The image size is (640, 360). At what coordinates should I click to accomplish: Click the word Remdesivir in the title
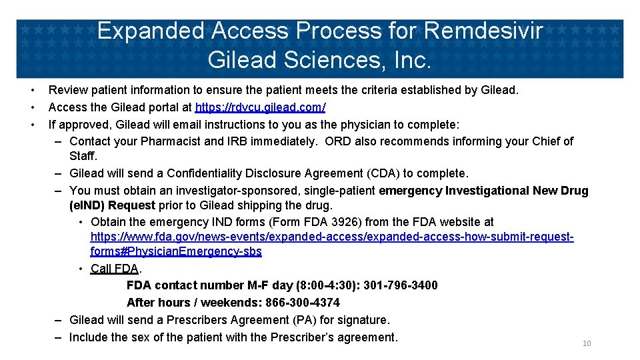(483, 31)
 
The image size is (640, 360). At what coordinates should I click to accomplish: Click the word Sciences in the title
(331, 60)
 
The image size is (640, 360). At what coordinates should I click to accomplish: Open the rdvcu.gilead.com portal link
(260, 107)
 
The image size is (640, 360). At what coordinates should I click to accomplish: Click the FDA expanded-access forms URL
(332, 237)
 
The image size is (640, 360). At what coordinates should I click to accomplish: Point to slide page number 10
(587, 343)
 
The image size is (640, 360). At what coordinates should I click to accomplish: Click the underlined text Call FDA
(115, 269)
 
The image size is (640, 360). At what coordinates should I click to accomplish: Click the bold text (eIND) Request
(112, 205)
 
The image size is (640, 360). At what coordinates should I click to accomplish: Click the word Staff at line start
(83, 156)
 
